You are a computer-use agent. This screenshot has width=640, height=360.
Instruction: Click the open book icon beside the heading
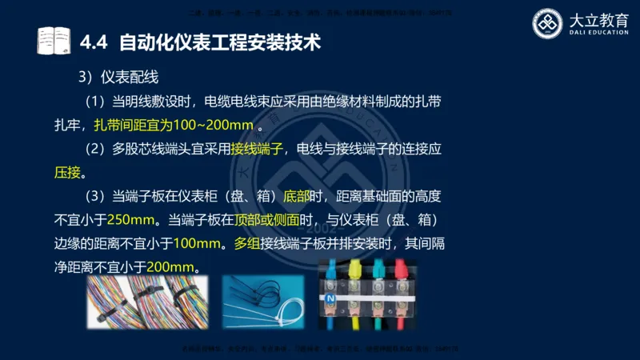(54, 40)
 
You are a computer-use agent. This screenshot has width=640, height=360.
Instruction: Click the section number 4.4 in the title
(96, 41)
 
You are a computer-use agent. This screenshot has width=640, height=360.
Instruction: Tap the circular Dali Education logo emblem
(548, 24)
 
